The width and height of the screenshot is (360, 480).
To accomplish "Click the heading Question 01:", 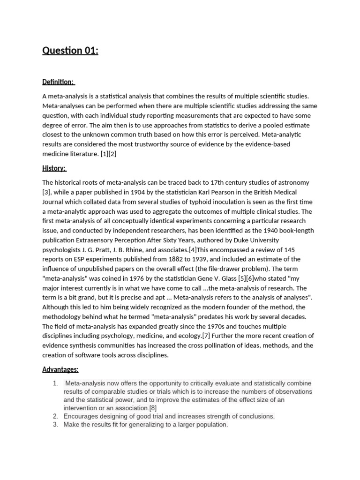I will click(70, 51).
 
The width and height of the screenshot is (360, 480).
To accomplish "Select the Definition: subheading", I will click(58, 82).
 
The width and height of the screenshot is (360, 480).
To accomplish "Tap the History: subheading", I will click(54, 168).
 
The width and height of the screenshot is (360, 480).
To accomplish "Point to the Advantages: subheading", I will click(60, 369).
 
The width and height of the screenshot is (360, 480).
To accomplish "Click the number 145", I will click(290, 249).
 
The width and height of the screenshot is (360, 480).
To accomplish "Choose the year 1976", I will click(144, 278).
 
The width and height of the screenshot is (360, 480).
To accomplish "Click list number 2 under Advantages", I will click(55, 416).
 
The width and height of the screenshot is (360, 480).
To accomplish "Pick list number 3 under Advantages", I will click(55, 425).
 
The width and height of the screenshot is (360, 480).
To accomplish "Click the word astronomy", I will click(293, 182).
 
